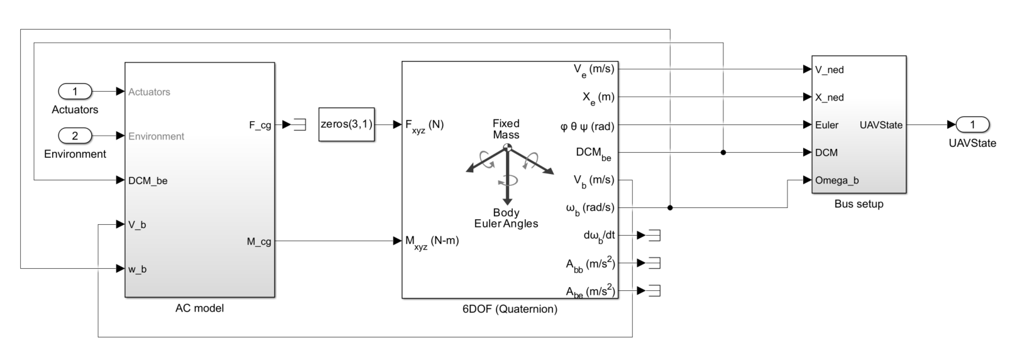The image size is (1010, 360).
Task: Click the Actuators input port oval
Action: pyautogui.click(x=75, y=92)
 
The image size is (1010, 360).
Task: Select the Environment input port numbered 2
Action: pyautogui.click(x=75, y=136)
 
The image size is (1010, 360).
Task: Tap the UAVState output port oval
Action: pyautogui.click(x=972, y=124)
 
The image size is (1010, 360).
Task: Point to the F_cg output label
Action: pyautogui.click(x=260, y=125)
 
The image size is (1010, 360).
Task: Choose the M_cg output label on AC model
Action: pyautogui.click(x=259, y=241)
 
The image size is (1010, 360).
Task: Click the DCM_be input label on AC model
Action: pyautogui.click(x=148, y=181)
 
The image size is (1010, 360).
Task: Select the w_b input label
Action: pyautogui.click(x=138, y=270)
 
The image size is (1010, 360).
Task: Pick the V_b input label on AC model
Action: pyautogui.click(x=137, y=225)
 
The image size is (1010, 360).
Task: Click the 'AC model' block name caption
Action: pyautogui.click(x=199, y=308)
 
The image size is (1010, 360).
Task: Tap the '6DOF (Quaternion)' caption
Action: pyautogui.click(x=509, y=309)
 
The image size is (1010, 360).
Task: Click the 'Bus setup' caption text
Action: pyautogui.click(x=859, y=204)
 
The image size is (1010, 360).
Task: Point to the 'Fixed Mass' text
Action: pyautogui.click(x=506, y=129)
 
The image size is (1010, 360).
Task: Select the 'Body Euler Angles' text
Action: pyautogui.click(x=506, y=218)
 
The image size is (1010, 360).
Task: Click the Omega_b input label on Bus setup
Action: pyautogui.click(x=837, y=180)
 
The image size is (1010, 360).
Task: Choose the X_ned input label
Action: pyautogui.click(x=829, y=97)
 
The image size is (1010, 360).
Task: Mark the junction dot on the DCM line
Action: pyautogui.click(x=723, y=153)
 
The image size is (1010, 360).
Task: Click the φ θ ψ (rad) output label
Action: pyautogui.click(x=587, y=126)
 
